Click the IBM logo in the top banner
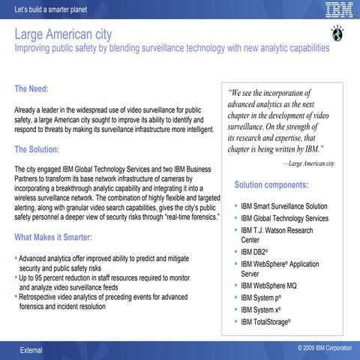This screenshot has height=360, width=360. coord(338,9)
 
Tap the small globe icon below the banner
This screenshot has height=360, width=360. coord(334,32)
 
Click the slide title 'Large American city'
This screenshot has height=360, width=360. coord(64,34)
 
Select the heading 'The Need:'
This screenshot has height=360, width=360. coord(31,89)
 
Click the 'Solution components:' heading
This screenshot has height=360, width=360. coord(271,184)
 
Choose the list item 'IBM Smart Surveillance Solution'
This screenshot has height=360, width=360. coord(284,206)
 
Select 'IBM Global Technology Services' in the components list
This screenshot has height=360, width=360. coord(284,218)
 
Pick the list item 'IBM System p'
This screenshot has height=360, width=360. coord(261,298)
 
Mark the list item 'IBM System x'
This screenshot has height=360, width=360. coord(261,309)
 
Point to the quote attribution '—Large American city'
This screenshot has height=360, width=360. coord(308,163)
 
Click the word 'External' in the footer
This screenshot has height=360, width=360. coord(31,350)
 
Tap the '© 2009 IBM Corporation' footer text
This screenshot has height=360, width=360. coord(324,349)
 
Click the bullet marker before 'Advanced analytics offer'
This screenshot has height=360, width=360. coord(16,258)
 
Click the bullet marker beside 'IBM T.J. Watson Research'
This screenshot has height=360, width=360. coord(235,230)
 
